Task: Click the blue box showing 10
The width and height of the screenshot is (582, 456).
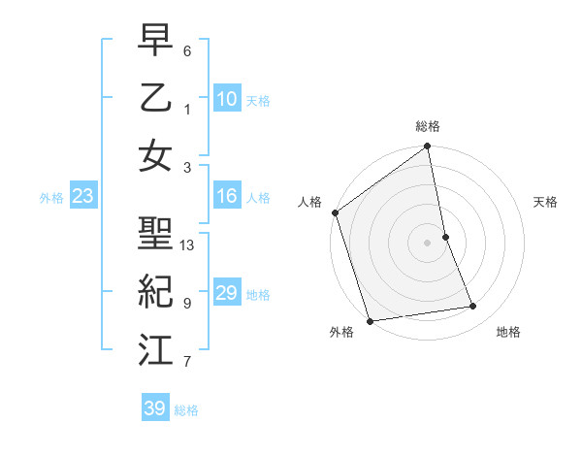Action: (227, 99)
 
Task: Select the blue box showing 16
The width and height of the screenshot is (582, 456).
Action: (227, 196)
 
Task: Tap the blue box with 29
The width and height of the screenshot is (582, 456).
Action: (227, 293)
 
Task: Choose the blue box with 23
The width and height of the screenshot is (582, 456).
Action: (83, 197)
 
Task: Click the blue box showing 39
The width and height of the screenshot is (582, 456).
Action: (155, 408)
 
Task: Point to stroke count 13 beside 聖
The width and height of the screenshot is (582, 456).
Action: (188, 245)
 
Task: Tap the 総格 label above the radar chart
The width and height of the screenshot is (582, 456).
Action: (428, 126)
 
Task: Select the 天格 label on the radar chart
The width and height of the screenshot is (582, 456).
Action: (545, 202)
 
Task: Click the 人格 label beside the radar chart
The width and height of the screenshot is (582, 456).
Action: (310, 202)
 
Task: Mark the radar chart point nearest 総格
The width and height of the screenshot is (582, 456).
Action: (428, 147)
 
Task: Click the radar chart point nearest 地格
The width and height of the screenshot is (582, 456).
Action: (473, 307)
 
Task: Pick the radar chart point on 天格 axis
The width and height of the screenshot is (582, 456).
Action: (445, 237)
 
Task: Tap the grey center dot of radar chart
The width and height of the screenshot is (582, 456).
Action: (428, 243)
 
